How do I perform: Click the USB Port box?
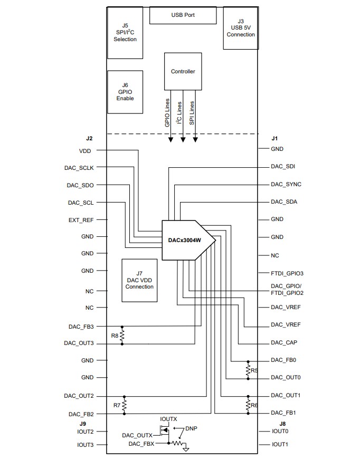[183, 15]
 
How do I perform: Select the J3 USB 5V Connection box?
[240, 28]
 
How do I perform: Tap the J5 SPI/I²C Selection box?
[125, 33]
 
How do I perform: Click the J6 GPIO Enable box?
[125, 92]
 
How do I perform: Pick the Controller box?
[183, 72]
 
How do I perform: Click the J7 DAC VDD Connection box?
[139, 280]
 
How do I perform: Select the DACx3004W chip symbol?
[186, 240]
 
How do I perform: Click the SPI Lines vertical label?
[192, 113]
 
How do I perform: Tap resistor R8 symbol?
[122, 335]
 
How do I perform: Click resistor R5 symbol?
[248, 370]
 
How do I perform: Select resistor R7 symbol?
[124, 405]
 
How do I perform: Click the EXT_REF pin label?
[81, 219]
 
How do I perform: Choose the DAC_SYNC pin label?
[286, 185]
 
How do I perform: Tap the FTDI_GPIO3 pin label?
[287, 273]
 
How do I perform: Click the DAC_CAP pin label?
[284, 343]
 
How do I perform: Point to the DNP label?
[191, 429]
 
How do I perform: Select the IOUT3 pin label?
[85, 445]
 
